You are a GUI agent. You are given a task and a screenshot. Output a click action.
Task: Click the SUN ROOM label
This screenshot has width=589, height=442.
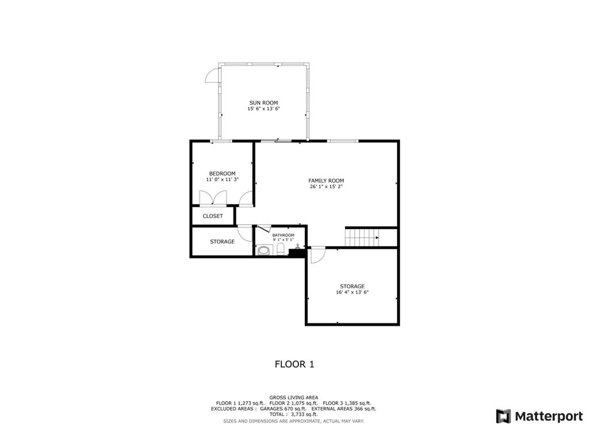point(263,102)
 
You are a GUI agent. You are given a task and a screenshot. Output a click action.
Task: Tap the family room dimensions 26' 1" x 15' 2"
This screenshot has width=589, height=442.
point(326,186)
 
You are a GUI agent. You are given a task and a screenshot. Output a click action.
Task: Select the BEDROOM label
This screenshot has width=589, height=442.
point(223,173)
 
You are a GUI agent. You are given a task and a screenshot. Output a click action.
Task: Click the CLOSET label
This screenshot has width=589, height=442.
point(213,216)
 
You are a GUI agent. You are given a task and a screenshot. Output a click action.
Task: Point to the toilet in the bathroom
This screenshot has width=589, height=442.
point(281,249)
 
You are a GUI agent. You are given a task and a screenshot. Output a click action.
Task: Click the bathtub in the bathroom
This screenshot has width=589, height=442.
point(265,250)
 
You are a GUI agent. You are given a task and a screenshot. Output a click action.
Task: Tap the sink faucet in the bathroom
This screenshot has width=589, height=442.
point(297,246)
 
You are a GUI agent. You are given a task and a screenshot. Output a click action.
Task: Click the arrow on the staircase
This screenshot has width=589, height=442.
point(377,238)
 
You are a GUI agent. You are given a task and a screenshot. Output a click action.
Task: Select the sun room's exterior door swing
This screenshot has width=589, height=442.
point(212,75)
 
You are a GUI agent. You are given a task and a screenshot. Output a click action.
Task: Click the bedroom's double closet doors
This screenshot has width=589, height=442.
point(213,198)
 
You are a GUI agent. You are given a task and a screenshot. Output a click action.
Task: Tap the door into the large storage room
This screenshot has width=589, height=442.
point(318,254)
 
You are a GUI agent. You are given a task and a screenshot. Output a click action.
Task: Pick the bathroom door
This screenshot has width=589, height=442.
point(263,229)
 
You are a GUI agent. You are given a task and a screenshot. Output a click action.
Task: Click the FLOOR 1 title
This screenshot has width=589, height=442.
point(294,364)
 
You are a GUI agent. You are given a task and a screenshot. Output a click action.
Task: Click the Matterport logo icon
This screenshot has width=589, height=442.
point(503,416)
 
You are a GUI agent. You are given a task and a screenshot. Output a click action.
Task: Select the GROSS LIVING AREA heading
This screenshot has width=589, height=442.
point(294,397)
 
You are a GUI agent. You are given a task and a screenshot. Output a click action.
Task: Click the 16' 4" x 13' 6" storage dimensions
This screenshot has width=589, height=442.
point(353,292)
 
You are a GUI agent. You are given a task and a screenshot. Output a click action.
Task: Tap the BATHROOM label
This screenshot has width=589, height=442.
point(283,235)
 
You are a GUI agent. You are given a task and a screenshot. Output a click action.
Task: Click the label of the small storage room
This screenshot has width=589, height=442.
point(223,242)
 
